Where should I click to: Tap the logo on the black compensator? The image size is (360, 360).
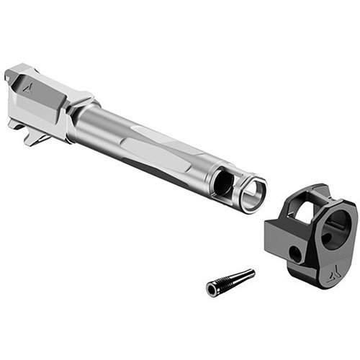coord(323,273)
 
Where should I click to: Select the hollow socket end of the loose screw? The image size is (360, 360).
coord(212,289)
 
